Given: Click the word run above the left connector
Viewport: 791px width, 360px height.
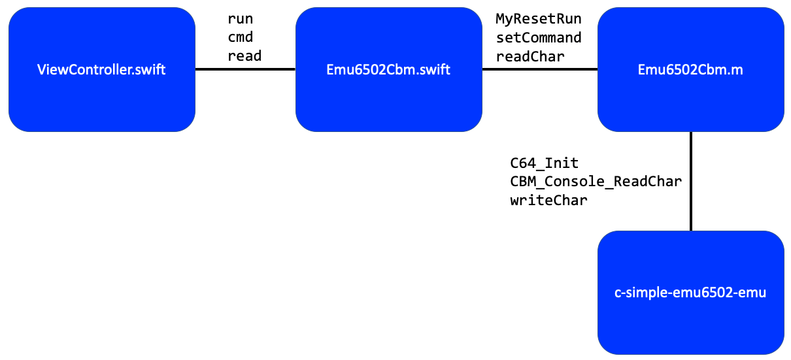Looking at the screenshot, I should (x=240, y=18).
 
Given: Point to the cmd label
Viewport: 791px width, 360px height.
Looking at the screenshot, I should (x=240, y=37).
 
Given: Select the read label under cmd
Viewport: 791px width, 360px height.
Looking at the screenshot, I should (x=244, y=56).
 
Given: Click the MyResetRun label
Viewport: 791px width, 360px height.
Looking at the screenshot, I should (x=538, y=18).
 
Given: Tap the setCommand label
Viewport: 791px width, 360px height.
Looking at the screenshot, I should (x=538, y=37).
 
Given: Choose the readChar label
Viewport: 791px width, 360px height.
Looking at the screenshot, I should (x=530, y=56).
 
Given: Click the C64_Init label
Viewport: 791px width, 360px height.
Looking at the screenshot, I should (x=544, y=163).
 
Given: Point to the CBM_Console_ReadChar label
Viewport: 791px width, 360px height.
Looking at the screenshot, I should (x=596, y=182).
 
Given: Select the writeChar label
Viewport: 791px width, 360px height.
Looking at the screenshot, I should (x=548, y=201).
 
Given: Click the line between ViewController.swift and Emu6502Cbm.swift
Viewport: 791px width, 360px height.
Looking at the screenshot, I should (x=245, y=69).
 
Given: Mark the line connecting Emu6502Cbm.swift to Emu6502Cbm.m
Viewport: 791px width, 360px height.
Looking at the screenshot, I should (x=540, y=69).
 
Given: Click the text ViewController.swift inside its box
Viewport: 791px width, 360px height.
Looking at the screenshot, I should (x=101, y=70).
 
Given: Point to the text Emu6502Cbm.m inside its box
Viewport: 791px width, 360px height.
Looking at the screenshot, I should (x=690, y=70).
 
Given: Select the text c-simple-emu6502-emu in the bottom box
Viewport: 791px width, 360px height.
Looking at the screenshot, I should (x=690, y=293).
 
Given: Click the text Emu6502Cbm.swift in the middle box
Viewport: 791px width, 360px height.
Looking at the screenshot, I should (x=388, y=70).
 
